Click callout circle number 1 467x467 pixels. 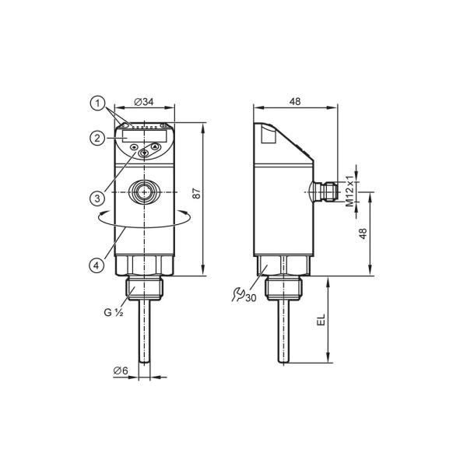(x=97, y=104)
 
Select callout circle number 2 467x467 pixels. (x=97, y=139)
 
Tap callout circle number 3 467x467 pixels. (x=97, y=198)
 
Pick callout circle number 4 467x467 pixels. (x=97, y=265)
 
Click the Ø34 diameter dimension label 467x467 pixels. (x=144, y=102)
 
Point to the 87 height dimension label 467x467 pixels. (x=197, y=194)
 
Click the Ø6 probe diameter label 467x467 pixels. (x=121, y=370)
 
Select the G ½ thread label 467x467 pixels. (x=114, y=312)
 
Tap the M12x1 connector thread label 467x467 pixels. (x=349, y=191)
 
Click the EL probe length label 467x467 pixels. (x=321, y=320)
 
